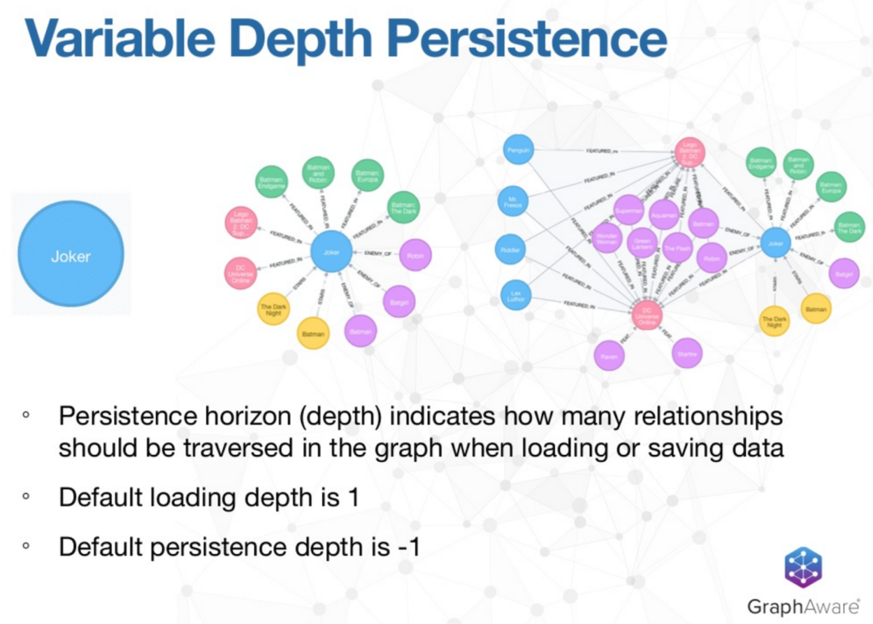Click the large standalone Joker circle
tap(71, 254)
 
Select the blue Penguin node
tap(518, 150)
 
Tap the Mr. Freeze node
tap(512, 201)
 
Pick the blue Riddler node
tap(510, 249)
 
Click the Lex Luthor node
tap(517, 295)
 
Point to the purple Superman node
tap(628, 210)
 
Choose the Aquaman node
tap(664, 214)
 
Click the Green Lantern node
tap(642, 242)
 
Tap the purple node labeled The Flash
tap(678, 247)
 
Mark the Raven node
tap(609, 355)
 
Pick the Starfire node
tap(687, 353)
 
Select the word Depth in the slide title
tap(366, 38)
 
